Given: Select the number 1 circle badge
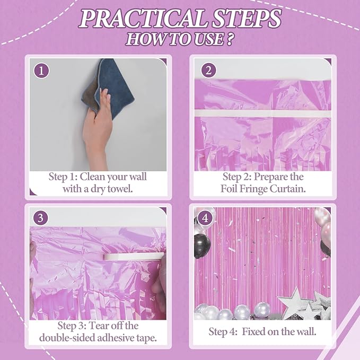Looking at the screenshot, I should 41,70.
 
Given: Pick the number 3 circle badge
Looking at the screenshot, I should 41,218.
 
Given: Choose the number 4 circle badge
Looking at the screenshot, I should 203,218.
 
